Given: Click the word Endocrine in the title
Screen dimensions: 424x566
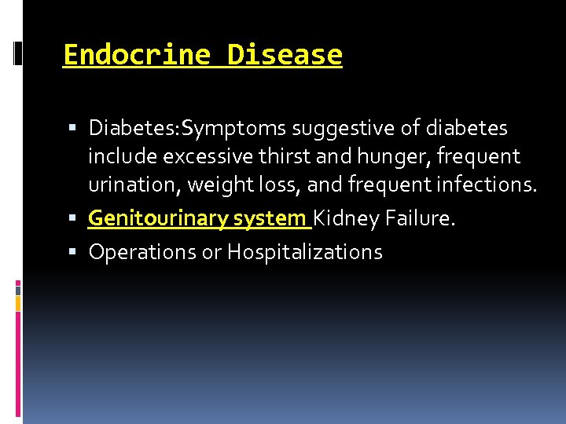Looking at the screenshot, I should point(136,55).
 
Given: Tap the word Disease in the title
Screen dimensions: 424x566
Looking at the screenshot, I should point(285,55).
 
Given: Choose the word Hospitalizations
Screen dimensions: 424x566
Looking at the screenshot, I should point(304,252).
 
